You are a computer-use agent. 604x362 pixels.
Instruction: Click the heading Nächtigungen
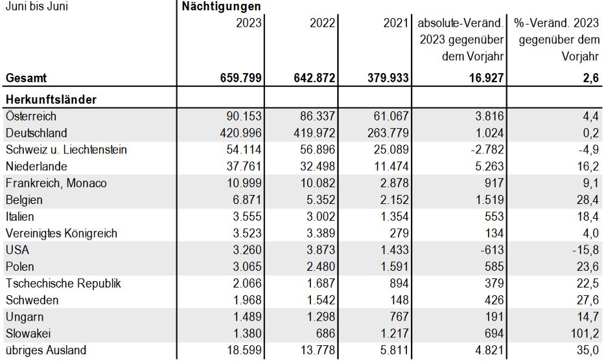click(x=221, y=6)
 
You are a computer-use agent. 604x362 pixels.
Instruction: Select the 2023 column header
click(x=248, y=23)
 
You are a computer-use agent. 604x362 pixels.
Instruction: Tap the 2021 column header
click(x=395, y=23)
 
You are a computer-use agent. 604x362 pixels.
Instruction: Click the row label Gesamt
click(x=26, y=78)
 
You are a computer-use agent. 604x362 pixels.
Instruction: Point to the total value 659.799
click(x=240, y=78)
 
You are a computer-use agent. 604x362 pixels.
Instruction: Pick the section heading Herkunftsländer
click(x=51, y=100)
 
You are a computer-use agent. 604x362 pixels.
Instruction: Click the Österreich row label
click(x=31, y=116)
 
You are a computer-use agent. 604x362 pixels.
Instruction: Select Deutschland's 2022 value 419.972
click(x=314, y=133)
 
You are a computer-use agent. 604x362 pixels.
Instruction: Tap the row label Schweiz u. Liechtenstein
click(x=66, y=150)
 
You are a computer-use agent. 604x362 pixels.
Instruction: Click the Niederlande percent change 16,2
click(x=588, y=166)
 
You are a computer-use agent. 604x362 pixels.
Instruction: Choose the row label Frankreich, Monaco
click(x=56, y=183)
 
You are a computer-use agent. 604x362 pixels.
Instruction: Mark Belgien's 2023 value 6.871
click(x=247, y=200)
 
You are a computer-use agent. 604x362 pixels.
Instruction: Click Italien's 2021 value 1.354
click(x=394, y=216)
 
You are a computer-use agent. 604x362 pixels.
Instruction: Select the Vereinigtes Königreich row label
click(x=62, y=233)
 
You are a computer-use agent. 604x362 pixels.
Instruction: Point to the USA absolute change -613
click(x=492, y=250)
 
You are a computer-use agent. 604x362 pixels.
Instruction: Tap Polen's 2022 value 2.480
click(x=321, y=267)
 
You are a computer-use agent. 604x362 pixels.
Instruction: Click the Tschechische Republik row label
click(x=63, y=284)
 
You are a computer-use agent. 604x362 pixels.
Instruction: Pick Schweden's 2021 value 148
click(x=399, y=300)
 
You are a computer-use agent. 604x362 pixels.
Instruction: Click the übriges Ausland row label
click(x=46, y=350)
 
